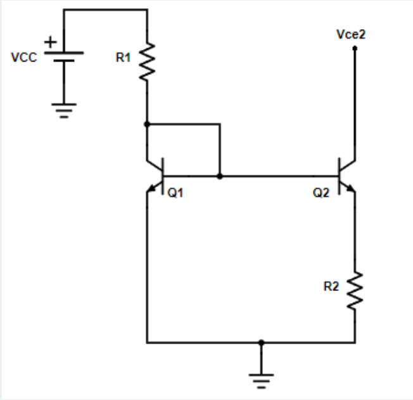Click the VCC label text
pos(24,58)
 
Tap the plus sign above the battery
pos(49,42)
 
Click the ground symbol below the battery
pos(65,110)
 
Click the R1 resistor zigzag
pos(147,62)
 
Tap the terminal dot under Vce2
pos(355,47)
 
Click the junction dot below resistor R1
pos(147,124)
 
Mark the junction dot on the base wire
pos(219,176)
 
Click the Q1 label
pos(176,193)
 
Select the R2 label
pos(331,287)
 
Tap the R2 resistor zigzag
pos(355,291)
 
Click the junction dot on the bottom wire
pos(262,342)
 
